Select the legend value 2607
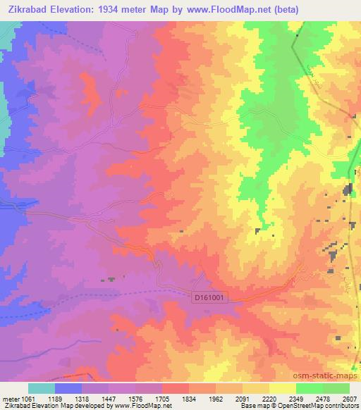[x=348, y=398]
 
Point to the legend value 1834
[x=189, y=398]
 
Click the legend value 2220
[x=269, y=398]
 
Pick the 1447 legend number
[x=109, y=398]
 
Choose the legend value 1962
[x=216, y=398]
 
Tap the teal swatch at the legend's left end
[x=42, y=388]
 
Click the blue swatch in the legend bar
[x=68, y=388]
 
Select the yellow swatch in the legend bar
[x=282, y=388]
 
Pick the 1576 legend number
[x=135, y=398]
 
